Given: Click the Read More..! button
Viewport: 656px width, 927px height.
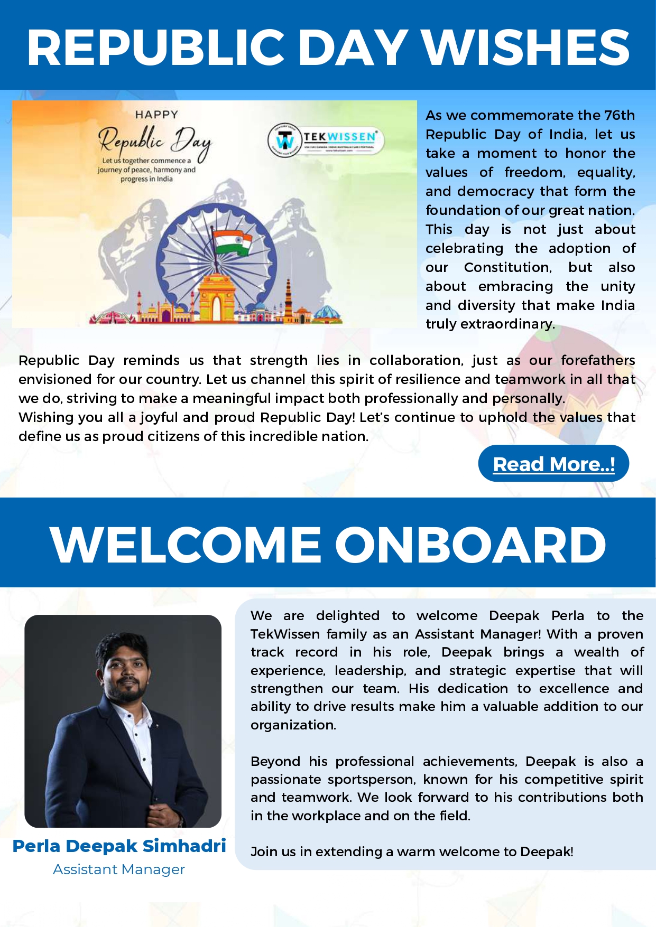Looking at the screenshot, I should (553, 464).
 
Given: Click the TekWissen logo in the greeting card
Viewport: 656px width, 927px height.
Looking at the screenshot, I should (325, 140).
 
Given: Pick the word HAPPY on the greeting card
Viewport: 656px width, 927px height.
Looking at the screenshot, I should (156, 114).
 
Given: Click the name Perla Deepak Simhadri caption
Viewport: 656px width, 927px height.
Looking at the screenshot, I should (119, 846).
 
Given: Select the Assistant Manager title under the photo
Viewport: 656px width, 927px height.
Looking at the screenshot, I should (119, 869).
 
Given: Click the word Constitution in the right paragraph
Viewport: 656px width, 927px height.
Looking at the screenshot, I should (507, 267).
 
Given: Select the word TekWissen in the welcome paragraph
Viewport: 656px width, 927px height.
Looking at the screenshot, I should (285, 634).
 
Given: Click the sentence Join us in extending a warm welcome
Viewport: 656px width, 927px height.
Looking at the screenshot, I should (411, 851).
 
